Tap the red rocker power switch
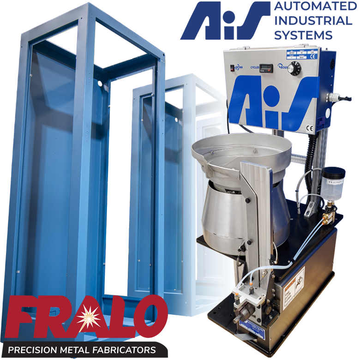point(232,67)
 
